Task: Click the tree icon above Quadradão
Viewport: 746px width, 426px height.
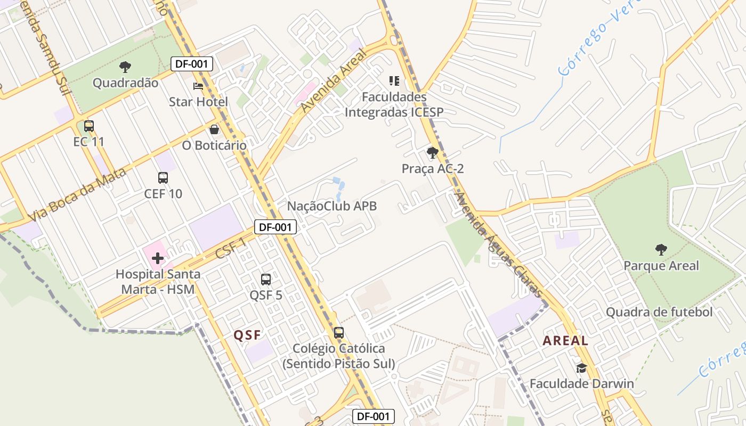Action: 125,67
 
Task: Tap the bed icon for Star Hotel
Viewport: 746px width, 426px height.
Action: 198,86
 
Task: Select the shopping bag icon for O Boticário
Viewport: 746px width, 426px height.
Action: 214,129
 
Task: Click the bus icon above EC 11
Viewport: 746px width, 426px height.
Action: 89,126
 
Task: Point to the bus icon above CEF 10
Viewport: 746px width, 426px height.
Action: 163,178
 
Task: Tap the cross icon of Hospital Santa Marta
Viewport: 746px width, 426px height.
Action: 157,259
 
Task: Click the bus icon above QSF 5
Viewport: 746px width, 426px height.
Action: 265,279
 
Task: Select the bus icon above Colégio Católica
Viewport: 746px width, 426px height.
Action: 338,333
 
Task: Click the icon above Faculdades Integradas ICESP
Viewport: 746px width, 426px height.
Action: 394,81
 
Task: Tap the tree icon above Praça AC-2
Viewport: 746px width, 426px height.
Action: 433,153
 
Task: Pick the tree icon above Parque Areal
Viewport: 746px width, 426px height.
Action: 661,249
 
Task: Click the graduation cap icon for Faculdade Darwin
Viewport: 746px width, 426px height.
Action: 581,368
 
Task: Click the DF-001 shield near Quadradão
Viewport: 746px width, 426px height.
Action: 192,64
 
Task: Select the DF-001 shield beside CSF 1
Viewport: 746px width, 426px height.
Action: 275,227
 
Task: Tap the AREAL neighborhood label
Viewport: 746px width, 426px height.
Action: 565,341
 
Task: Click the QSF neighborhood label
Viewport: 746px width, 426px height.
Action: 248,335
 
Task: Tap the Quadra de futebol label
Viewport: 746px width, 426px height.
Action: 659,312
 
